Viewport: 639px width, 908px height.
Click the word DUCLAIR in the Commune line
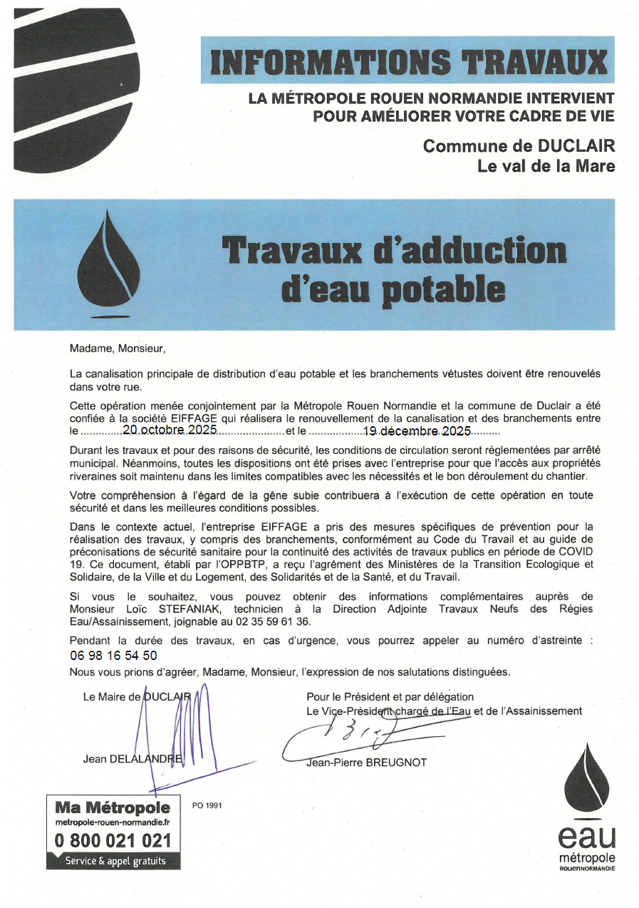576,146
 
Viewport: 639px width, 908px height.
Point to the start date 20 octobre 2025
170,430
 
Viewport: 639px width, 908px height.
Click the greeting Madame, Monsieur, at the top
117,349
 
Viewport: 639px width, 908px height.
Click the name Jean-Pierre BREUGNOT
366,763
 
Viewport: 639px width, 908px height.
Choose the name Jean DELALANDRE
133,759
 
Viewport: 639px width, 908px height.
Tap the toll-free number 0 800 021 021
113,841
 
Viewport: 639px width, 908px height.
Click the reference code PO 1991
207,805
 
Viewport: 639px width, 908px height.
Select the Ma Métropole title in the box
113,808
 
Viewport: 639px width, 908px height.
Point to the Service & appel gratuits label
115,861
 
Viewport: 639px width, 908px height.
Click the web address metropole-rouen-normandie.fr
113,822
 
